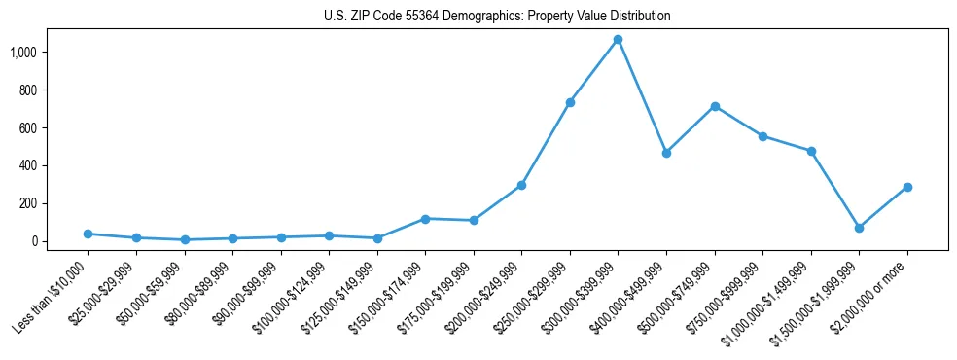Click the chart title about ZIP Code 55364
coord(497,17)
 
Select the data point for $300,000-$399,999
coord(618,39)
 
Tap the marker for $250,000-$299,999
coord(570,102)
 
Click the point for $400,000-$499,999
coord(666,153)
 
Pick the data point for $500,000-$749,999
coord(715,106)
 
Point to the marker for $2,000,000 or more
coord(907,187)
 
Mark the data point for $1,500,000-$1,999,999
coord(859,228)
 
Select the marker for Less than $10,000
coord(88,234)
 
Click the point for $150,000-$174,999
coord(425,219)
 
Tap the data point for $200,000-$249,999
coord(521,185)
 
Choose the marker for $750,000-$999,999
coord(762,136)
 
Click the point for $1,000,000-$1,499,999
coord(811,151)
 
